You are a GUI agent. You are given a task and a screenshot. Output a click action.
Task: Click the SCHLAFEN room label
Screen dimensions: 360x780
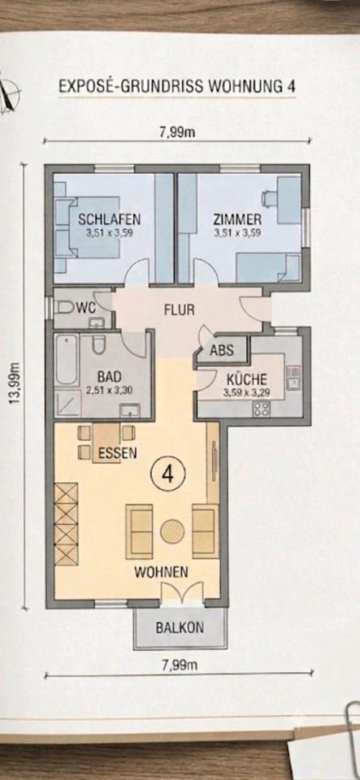point(110,219)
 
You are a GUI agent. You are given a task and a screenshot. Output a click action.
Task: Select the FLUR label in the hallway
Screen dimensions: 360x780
point(179,310)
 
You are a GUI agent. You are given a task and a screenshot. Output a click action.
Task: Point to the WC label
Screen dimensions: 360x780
point(85,308)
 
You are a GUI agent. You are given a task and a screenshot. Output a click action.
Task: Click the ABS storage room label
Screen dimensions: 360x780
point(222,350)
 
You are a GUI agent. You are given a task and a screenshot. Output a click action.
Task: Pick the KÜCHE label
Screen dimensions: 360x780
point(247,379)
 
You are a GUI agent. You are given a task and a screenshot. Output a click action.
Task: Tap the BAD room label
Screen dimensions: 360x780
point(110,376)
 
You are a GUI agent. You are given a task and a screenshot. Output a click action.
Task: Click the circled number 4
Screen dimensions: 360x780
point(167,474)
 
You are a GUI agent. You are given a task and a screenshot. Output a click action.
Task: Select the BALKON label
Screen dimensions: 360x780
point(180,627)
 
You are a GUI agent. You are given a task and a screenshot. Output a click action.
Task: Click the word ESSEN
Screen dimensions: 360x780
point(117,453)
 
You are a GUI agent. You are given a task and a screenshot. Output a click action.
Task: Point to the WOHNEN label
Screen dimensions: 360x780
point(161,573)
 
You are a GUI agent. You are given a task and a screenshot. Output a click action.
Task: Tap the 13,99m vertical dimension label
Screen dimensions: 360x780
point(15,383)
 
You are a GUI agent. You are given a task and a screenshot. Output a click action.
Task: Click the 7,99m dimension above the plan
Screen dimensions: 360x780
point(177,133)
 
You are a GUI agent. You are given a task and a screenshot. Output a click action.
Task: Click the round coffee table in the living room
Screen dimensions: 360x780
point(172,531)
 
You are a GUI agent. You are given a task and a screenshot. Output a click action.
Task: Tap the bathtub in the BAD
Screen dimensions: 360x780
point(66,358)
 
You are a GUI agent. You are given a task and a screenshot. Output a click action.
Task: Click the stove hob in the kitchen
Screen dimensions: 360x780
point(262,409)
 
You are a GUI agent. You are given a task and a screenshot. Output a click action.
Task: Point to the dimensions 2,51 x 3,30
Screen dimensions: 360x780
point(110,391)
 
